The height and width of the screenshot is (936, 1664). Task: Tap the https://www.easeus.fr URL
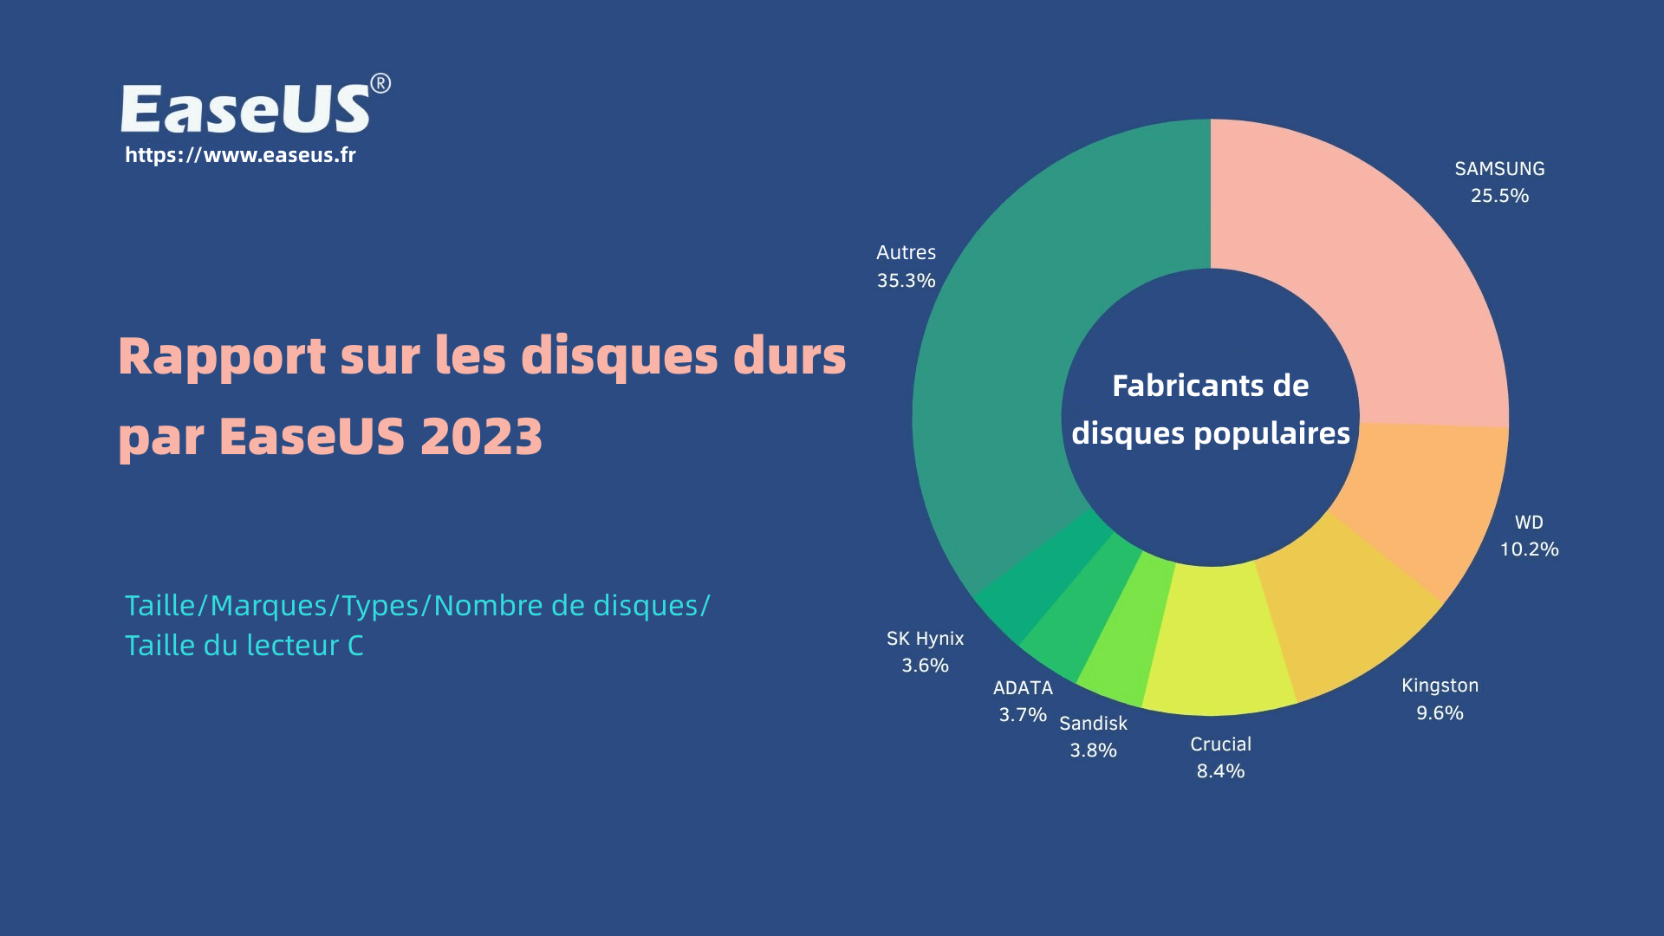click(x=240, y=155)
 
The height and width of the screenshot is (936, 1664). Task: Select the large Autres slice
click(x=1023, y=347)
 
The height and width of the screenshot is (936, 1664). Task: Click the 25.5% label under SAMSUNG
click(x=1499, y=196)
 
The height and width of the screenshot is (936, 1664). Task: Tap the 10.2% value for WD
click(x=1529, y=549)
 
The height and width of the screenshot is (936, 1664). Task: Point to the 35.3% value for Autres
click(x=906, y=281)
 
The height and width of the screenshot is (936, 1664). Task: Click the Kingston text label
click(x=1440, y=686)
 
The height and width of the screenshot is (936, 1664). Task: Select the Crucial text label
click(x=1220, y=744)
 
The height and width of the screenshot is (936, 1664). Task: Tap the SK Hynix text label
click(x=925, y=639)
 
